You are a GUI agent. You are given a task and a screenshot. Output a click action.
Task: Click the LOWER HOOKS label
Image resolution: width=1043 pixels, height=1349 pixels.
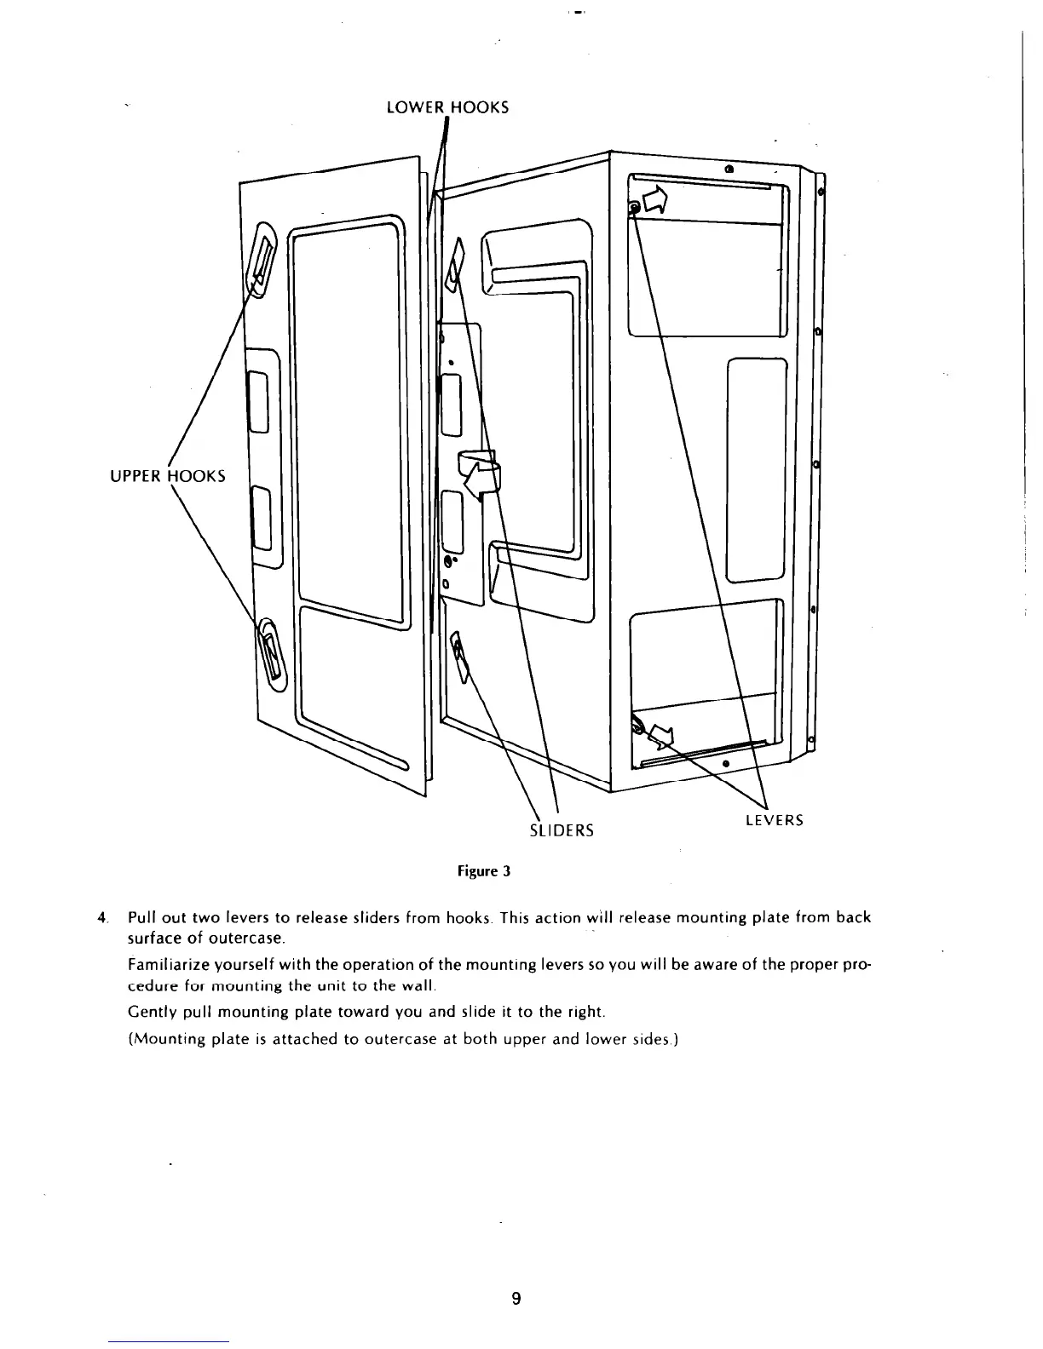(447, 107)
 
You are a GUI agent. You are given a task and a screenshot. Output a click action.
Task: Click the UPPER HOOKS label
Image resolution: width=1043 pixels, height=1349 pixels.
(168, 475)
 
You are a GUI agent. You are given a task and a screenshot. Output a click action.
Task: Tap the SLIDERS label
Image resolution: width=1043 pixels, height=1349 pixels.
(562, 829)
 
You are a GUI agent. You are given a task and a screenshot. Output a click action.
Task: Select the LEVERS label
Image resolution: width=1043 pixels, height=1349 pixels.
(774, 820)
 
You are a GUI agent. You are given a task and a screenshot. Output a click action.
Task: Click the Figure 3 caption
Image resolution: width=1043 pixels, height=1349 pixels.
(483, 871)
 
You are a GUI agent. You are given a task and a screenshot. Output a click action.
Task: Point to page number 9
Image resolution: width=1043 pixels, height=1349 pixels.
(516, 1299)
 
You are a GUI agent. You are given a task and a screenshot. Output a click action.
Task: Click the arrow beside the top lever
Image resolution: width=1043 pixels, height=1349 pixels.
(657, 201)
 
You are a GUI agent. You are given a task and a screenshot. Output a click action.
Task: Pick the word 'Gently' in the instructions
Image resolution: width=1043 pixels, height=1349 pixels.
(148, 1013)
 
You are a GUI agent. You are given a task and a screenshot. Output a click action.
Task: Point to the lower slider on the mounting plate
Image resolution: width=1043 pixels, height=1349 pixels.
(459, 654)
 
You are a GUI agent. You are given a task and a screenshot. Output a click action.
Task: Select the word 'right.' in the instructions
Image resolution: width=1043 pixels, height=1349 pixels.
(584, 1013)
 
